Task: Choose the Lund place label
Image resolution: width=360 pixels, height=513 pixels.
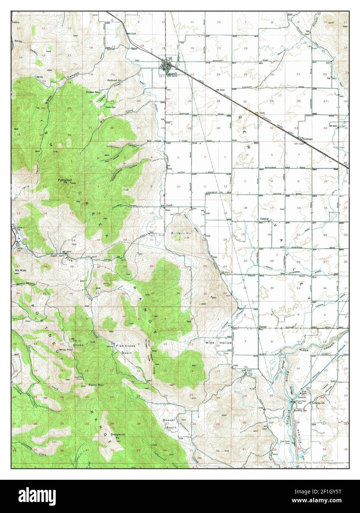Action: tap(170, 206)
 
